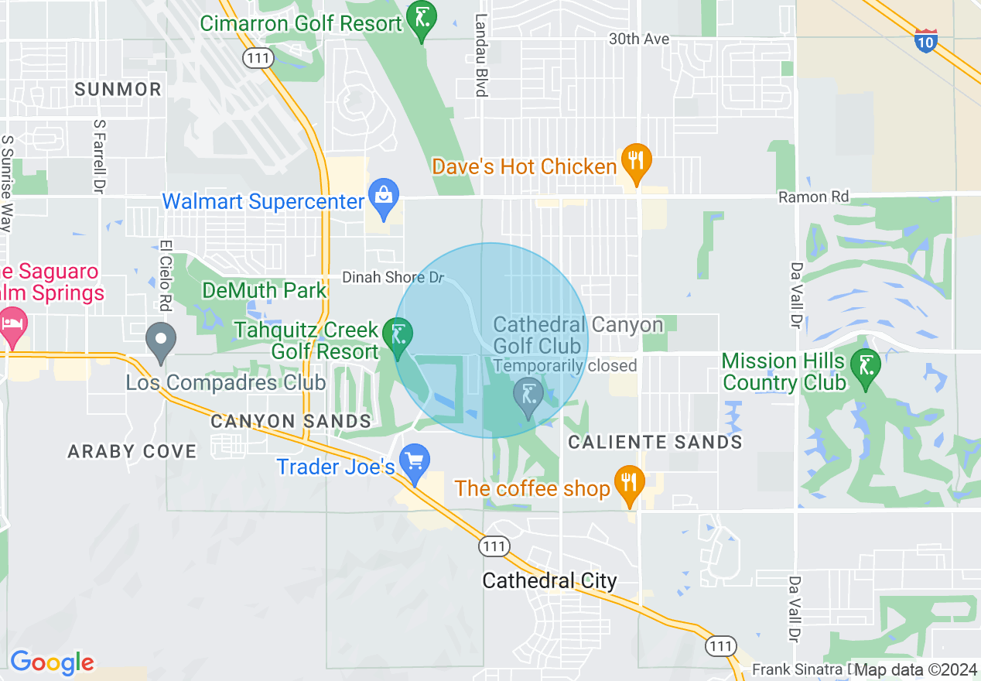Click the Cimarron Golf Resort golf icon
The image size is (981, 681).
422,19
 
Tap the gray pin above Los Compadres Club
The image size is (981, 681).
161,341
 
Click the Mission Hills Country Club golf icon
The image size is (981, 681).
864,364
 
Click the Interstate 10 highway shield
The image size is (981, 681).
926,39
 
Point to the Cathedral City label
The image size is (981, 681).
549,580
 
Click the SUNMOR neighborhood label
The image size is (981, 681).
118,89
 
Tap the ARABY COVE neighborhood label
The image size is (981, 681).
132,451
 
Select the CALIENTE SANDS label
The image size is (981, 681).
655,442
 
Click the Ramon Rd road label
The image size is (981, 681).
813,197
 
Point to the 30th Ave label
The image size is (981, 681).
639,39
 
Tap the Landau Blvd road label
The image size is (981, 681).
481,55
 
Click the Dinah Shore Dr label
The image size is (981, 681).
395,277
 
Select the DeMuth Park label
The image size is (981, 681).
265,290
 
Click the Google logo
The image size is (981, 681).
52,662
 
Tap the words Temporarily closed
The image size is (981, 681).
565,365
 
